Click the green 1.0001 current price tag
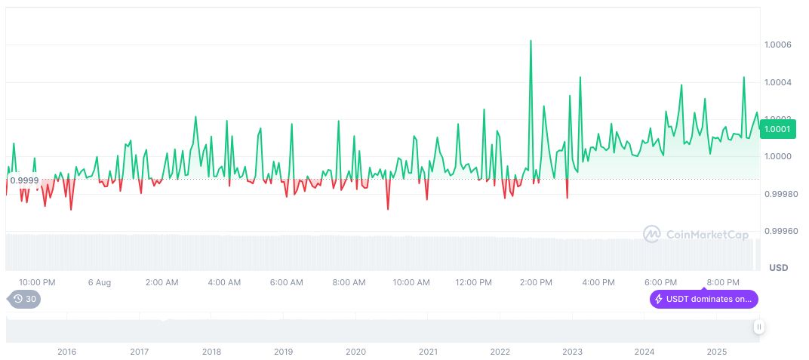click(x=777, y=129)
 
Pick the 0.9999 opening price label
click(x=24, y=180)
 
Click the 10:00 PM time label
click(x=37, y=283)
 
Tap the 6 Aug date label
click(x=100, y=283)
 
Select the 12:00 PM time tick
click(x=474, y=283)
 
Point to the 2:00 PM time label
click(x=536, y=283)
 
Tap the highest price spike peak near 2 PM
click(x=531, y=41)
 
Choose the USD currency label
click(x=778, y=268)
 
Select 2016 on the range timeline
click(x=67, y=352)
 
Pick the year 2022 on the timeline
click(x=500, y=352)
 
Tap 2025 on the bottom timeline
click(x=716, y=352)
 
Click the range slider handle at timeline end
click(x=759, y=327)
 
